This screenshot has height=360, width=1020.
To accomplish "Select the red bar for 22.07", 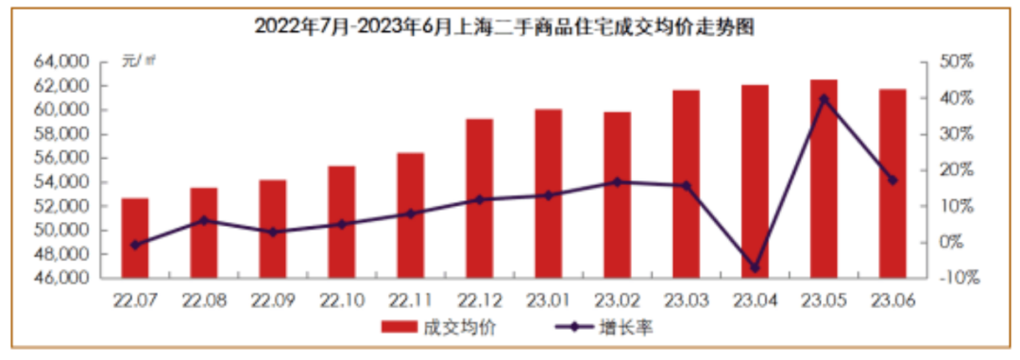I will (x=135, y=238).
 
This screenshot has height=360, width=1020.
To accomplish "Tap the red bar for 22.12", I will (x=480, y=198).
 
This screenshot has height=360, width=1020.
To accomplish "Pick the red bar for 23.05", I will (x=824, y=179).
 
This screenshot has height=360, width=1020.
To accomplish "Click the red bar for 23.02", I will (x=618, y=195).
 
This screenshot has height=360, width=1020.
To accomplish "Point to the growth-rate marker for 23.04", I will (x=756, y=267).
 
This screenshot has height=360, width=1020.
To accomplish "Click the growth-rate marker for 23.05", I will (x=824, y=98).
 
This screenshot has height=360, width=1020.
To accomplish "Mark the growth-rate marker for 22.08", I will (x=204, y=221).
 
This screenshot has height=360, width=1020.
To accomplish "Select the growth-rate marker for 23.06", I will (x=892, y=180).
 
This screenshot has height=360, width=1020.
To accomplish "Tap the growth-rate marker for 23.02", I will (x=618, y=182).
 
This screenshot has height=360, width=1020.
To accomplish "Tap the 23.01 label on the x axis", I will (x=549, y=300).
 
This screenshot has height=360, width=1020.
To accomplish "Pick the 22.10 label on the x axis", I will (x=342, y=300).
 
